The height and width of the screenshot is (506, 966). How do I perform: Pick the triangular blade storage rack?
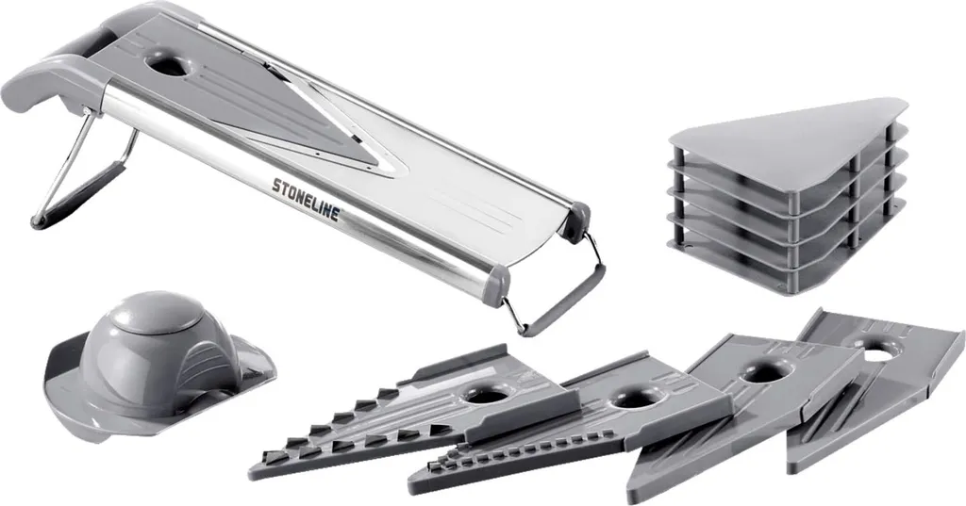click(x=789, y=194)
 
